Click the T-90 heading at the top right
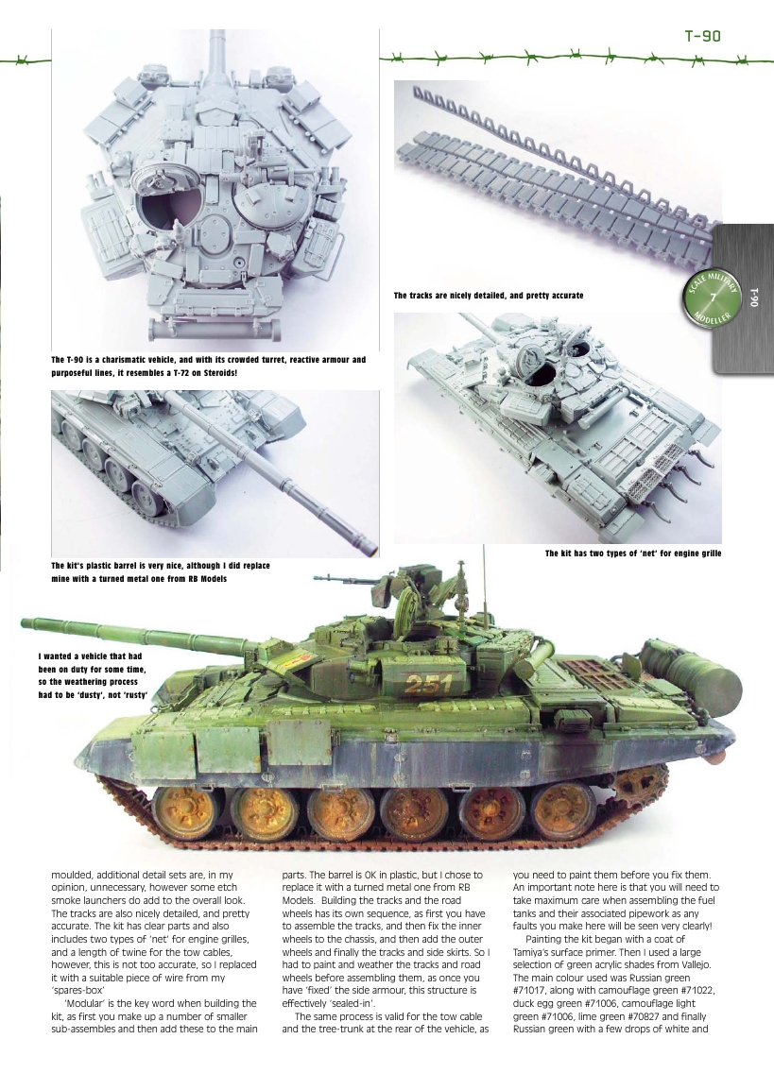point(702,37)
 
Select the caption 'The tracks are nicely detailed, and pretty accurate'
point(488,297)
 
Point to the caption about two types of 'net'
point(632,553)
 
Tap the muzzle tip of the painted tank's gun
point(25,623)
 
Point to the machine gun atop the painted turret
point(378,576)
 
